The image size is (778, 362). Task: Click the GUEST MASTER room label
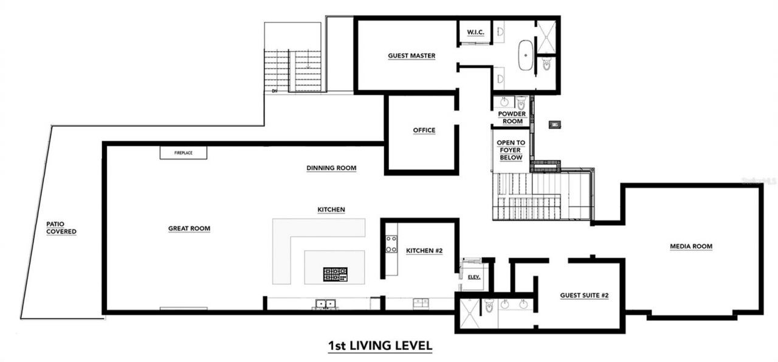point(411,56)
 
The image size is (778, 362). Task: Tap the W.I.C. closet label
point(475,32)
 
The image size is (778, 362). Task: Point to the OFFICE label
point(424,130)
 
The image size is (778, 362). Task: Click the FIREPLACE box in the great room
point(183,153)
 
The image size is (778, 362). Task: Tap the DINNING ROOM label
point(331,168)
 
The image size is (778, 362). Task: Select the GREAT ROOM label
point(189,229)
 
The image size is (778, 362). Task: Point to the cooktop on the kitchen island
point(335,274)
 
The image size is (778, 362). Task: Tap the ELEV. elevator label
point(474,277)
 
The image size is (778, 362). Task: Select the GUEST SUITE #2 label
point(584,296)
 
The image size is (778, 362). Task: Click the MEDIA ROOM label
point(690,246)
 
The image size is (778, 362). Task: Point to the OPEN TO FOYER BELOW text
point(511,150)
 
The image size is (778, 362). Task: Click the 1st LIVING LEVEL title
point(380,346)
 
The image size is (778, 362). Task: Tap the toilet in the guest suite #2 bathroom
point(489,307)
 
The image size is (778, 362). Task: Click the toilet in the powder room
point(521,103)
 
